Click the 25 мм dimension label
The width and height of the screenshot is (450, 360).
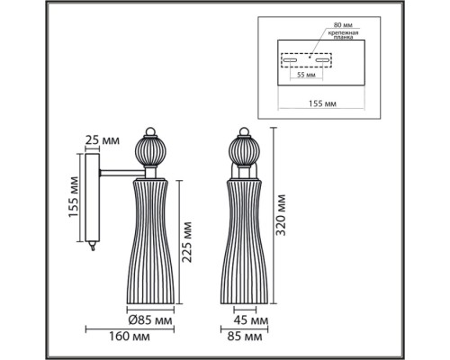(x=103, y=139)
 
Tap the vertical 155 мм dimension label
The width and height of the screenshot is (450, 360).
(x=73, y=197)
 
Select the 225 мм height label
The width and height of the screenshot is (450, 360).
(x=187, y=242)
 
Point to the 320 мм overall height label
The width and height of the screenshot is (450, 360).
(x=281, y=215)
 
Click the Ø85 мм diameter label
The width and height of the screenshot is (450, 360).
(x=150, y=320)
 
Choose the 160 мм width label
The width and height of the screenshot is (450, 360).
(x=129, y=337)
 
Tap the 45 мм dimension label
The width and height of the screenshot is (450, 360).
(x=251, y=320)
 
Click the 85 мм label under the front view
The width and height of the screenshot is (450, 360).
(x=245, y=337)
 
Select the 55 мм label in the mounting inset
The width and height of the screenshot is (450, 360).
(x=306, y=75)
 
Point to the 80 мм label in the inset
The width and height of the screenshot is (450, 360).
(x=343, y=25)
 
